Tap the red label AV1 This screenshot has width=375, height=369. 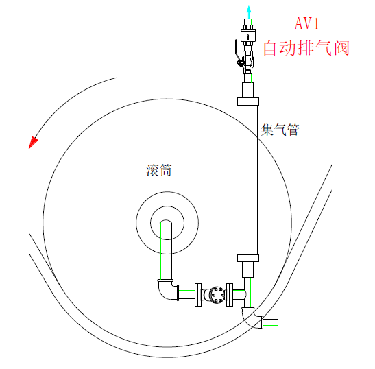pos(307,23)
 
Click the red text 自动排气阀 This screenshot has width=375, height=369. pos(306,48)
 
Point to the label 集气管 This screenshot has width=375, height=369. pos(280,130)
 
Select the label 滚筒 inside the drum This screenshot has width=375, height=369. pos(159,170)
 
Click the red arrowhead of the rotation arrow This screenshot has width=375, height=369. pos(33,143)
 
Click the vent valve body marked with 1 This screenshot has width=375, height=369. pos(248,37)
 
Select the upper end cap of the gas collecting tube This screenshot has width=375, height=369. pos(248,102)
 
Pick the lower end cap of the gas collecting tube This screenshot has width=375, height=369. pos(248,258)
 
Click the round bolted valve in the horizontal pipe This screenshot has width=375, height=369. pos(216,295)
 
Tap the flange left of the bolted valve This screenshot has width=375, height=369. pos(198,295)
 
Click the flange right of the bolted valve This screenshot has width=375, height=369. pos(230,295)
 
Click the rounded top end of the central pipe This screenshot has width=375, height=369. pos(166,222)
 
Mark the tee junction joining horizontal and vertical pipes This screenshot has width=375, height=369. pos(246,295)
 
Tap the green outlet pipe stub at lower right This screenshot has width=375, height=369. pos(271,322)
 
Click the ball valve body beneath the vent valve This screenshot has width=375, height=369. pos(248,62)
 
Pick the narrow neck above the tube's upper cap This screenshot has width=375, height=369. pos(247,90)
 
